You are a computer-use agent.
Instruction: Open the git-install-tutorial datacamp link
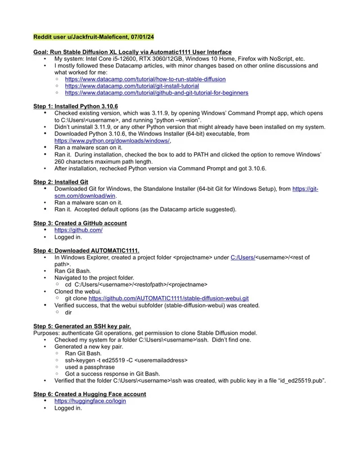132,86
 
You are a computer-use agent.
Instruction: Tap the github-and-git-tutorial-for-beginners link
156,93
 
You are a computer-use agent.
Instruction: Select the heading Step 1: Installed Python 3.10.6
75,106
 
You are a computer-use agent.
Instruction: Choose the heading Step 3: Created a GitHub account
80,223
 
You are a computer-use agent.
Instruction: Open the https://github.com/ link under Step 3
78,230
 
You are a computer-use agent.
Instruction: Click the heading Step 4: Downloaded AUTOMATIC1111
87,250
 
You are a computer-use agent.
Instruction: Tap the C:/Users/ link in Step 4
243,257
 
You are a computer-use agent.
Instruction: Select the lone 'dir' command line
69,311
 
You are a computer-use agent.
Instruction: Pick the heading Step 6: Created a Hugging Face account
89,394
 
